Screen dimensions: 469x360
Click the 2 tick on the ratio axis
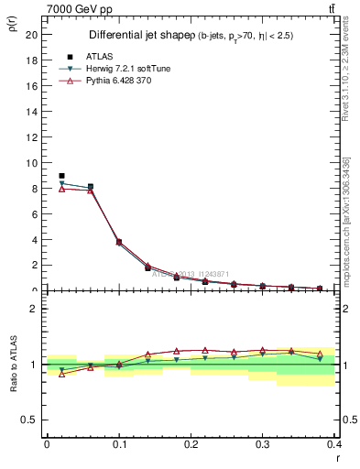click(x=36, y=309)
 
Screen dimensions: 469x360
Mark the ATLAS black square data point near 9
click(x=61, y=176)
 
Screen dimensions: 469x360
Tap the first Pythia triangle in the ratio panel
click(x=61, y=374)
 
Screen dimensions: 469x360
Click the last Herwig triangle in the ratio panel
click(x=320, y=358)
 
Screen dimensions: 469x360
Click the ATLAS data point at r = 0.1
click(x=119, y=242)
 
